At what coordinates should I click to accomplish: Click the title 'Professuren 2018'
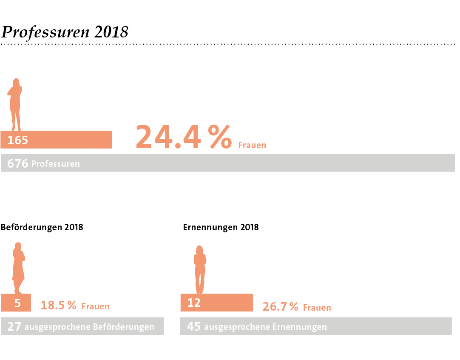pos(65,32)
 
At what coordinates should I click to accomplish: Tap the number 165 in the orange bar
pos(18,140)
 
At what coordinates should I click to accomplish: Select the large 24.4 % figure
pos(184,137)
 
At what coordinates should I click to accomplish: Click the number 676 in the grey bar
pos(18,163)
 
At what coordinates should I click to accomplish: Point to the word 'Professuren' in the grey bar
pos(56,164)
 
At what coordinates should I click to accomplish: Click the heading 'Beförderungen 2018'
pos(42,227)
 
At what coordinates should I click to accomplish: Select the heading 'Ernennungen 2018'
pos(221,227)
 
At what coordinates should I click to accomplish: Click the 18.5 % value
pos(58,306)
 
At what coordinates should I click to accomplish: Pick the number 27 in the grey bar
pos(14,327)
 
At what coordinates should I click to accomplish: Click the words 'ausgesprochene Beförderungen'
pos(89,327)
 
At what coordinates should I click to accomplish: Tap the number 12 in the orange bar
pos(194,303)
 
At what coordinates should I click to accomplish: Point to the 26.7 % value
pos(280,307)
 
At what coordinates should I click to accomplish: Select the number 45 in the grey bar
pos(194,327)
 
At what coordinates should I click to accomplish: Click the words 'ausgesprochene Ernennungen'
pos(265,327)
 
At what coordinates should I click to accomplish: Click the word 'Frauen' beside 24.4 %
pos(252,145)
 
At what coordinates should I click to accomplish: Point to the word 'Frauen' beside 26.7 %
pos(317,307)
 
